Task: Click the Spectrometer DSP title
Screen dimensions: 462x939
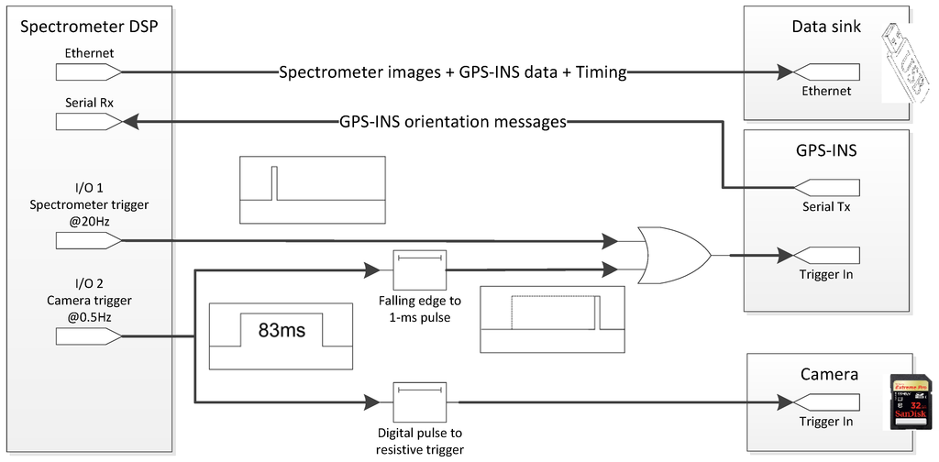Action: coord(90,26)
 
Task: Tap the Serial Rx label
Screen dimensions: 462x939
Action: coord(89,104)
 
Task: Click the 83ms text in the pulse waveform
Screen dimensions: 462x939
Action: coord(282,328)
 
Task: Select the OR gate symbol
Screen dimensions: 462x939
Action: coord(675,254)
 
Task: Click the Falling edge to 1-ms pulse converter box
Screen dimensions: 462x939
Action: coord(419,269)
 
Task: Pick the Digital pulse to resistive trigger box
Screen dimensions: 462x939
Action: coord(419,401)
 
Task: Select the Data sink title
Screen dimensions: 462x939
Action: coord(826,27)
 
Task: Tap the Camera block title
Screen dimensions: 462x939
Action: coord(829,374)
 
